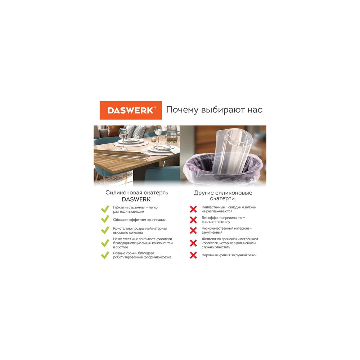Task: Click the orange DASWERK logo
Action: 131,110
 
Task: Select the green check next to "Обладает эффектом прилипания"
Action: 105,219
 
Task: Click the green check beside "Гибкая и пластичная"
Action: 105,209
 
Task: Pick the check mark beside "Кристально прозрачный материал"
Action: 105,230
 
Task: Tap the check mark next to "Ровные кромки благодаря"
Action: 105,255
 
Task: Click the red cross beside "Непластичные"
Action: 193,209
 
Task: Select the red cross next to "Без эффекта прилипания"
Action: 193,220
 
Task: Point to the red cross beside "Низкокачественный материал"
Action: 193,230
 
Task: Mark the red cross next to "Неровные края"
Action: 193,255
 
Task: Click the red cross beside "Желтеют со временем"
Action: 193,243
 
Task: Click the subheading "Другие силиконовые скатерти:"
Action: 223,195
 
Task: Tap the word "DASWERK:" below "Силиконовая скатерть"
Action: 137,199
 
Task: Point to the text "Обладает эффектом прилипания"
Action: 139,220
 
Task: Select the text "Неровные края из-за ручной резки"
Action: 229,255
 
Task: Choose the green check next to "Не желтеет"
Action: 105,243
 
